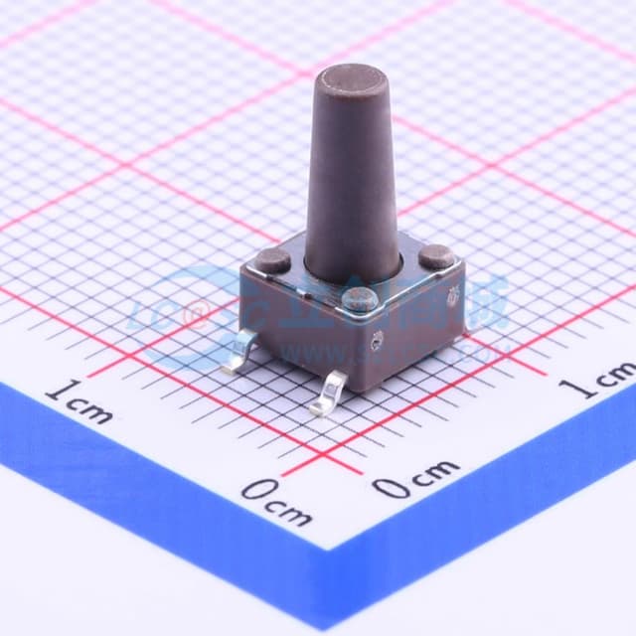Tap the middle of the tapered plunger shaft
(x=353, y=179)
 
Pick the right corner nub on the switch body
(x=435, y=257)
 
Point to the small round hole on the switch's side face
(x=377, y=344)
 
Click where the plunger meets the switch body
(x=352, y=274)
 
